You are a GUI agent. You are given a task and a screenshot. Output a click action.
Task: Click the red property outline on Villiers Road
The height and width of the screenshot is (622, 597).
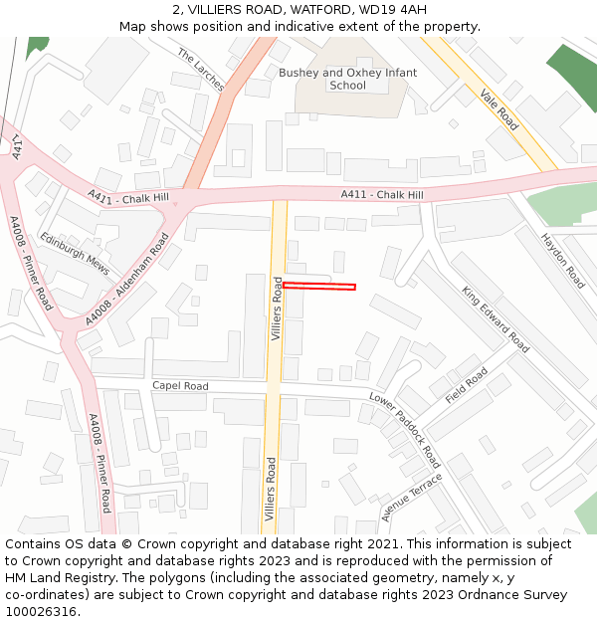tap(319, 287)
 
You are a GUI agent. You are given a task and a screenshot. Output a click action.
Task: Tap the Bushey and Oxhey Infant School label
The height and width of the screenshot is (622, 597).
tap(347, 79)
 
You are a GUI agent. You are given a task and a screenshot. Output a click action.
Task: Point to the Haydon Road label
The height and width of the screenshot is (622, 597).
tap(563, 260)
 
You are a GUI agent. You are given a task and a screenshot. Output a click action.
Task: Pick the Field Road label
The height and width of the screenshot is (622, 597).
tap(467, 385)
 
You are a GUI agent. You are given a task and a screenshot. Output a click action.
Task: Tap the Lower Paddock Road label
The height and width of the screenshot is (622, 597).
tap(405, 429)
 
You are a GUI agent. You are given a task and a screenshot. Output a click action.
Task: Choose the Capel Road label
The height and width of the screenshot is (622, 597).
tap(180, 386)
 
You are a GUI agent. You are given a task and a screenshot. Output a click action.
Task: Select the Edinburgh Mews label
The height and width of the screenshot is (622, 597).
tap(75, 253)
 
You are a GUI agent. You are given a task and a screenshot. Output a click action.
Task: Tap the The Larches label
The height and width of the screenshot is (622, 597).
tap(201, 70)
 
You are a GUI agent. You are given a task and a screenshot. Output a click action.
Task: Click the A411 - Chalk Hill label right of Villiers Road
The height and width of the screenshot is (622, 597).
tap(382, 194)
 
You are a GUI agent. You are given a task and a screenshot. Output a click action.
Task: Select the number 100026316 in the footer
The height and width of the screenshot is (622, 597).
tap(40, 611)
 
